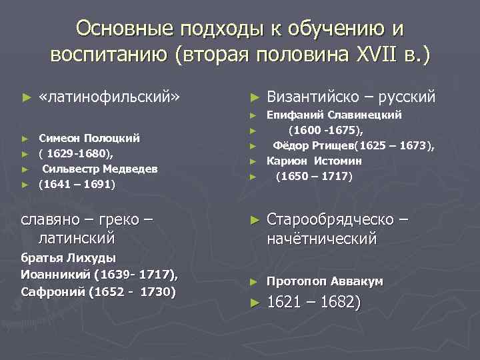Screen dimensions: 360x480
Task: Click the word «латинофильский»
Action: (x=109, y=97)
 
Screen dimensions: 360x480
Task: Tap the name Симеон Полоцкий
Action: (x=89, y=139)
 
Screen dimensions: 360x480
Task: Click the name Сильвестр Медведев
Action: (x=100, y=169)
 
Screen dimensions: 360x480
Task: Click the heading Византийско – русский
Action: (x=351, y=97)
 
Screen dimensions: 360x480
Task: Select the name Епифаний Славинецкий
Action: (x=333, y=115)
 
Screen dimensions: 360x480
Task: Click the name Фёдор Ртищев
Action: (x=316, y=145)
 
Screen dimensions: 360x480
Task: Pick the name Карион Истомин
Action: (x=314, y=161)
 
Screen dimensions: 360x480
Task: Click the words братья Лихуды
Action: (x=69, y=258)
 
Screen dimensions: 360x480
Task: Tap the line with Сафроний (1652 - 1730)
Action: (x=99, y=291)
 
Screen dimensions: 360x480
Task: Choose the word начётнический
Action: (x=321, y=238)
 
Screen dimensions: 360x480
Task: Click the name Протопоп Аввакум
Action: (x=325, y=281)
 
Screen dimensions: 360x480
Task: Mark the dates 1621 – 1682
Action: (x=313, y=303)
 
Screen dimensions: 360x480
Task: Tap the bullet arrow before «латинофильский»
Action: (x=27, y=98)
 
